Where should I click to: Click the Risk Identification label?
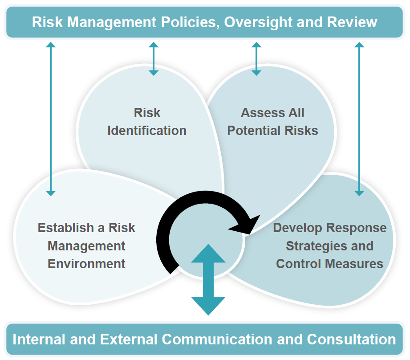click(x=147, y=122)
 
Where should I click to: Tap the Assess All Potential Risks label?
click(x=272, y=122)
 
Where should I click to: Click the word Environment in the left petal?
click(x=86, y=263)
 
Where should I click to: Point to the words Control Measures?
click(x=329, y=263)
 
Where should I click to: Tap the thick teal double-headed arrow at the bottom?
click(x=208, y=280)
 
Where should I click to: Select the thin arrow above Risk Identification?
click(x=154, y=58)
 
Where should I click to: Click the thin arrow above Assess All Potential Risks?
click(x=256, y=58)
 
